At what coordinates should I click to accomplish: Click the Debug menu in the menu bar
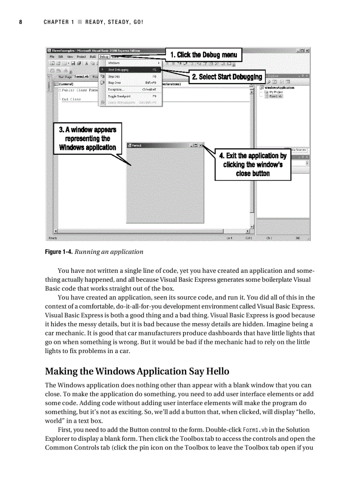tap(104, 56)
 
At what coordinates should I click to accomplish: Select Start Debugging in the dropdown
tap(116, 70)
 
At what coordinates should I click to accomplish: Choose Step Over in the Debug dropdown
tap(114, 82)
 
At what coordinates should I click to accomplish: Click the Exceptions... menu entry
tap(116, 89)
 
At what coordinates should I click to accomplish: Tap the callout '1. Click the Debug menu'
tap(203, 55)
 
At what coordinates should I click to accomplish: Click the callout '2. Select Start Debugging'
tap(227, 77)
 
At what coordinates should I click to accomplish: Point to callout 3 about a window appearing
tap(88, 138)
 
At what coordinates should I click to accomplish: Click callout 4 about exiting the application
tap(252, 164)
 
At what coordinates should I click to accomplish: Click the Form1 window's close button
tap(200, 145)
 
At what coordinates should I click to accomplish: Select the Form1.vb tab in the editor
tap(82, 77)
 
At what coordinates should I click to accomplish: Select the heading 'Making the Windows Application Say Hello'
tap(137, 371)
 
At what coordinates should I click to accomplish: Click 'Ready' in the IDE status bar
tap(53, 238)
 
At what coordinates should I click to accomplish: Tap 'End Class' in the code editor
tap(71, 99)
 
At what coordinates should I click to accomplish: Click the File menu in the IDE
tap(52, 56)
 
